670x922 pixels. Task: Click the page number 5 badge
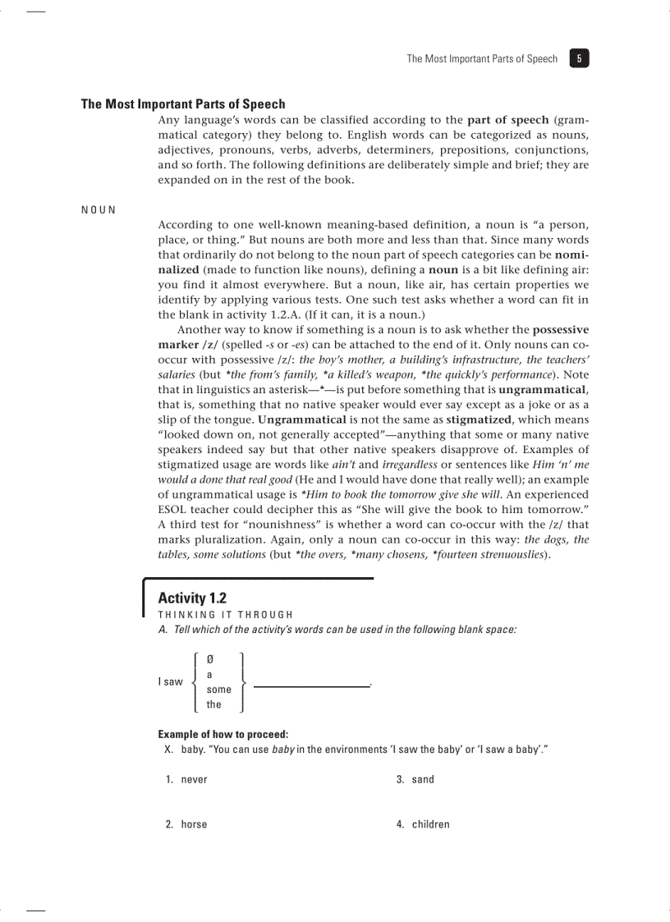tap(579, 58)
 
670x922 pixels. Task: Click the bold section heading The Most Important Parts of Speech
tap(183, 104)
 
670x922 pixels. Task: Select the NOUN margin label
tap(99, 209)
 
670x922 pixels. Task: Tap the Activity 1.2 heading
tap(192, 598)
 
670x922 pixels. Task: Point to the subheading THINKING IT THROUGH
tap(225, 615)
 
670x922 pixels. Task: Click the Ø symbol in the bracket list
tap(210, 659)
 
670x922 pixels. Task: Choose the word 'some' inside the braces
tap(218, 690)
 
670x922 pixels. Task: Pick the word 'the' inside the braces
tap(213, 704)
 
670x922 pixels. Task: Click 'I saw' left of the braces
tap(170, 682)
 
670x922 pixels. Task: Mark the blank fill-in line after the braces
tap(311, 686)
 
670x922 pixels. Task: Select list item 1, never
tap(194, 779)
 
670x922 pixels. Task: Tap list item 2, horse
tap(194, 824)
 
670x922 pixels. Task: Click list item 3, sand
tap(423, 779)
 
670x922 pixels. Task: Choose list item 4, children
tap(430, 824)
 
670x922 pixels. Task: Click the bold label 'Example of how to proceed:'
tap(223, 734)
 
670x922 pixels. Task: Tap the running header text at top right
tap(482, 59)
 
